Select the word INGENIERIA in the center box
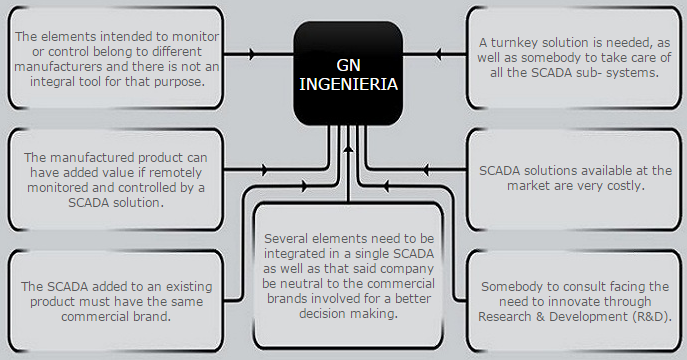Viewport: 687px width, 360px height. tap(349, 85)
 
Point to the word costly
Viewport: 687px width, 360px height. tap(622, 185)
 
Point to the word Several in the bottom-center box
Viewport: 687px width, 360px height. tap(289, 239)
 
